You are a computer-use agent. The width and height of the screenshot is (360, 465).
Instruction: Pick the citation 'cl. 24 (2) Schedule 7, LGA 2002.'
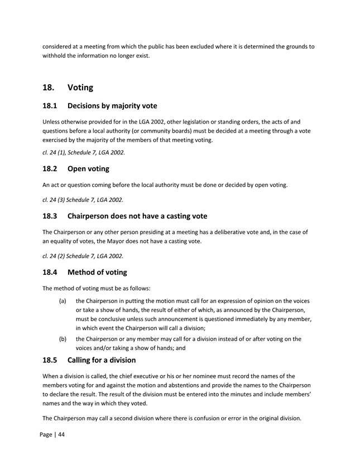tap(83, 256)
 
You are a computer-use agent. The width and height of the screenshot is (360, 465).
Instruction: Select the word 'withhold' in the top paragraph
tap(56, 56)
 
